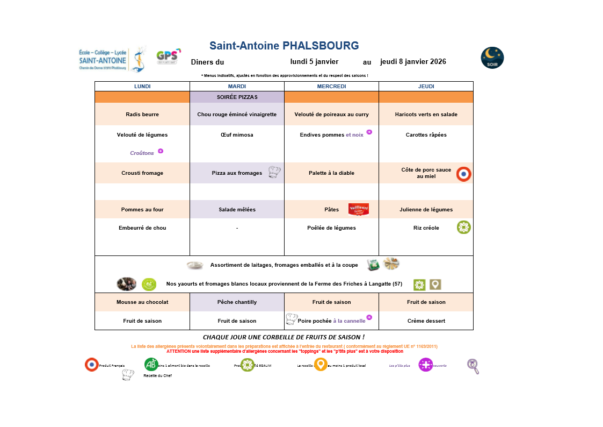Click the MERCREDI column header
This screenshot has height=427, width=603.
point(331,86)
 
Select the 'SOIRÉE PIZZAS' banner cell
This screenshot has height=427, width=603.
point(237,97)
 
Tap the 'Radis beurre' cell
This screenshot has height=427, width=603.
point(142,115)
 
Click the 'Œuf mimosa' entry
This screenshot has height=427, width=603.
point(237,135)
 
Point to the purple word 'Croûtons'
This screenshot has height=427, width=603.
point(142,153)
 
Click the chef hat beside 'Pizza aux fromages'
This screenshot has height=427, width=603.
point(274,172)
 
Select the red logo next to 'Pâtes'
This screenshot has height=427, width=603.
point(358,209)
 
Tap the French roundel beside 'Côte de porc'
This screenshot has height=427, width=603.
point(464,174)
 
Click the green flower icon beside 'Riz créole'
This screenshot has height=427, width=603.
point(464,227)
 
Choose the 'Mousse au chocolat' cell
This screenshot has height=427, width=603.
point(142,302)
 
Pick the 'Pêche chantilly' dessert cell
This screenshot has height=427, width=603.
point(237,302)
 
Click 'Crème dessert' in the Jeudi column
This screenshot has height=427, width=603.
point(426,321)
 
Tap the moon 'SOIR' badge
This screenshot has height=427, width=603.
point(492,58)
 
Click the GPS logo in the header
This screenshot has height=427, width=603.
point(168,56)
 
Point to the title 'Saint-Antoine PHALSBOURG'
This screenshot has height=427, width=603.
point(284,46)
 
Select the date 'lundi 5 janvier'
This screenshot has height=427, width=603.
point(314,61)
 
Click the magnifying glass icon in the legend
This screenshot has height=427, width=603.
point(473,366)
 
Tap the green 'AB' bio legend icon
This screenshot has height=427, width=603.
point(151,364)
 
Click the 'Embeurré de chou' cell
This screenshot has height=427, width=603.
point(142,228)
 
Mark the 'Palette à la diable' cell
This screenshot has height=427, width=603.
point(331,173)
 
